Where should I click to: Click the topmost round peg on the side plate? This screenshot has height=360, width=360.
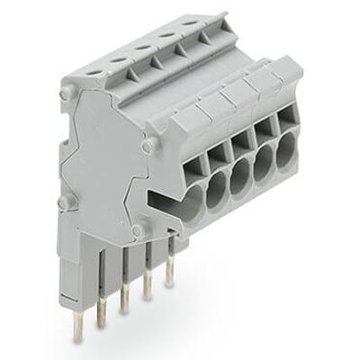(x=64, y=93)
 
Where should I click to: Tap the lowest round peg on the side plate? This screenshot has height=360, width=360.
(x=137, y=231)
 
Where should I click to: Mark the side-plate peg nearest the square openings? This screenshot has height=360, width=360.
(x=148, y=142)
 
